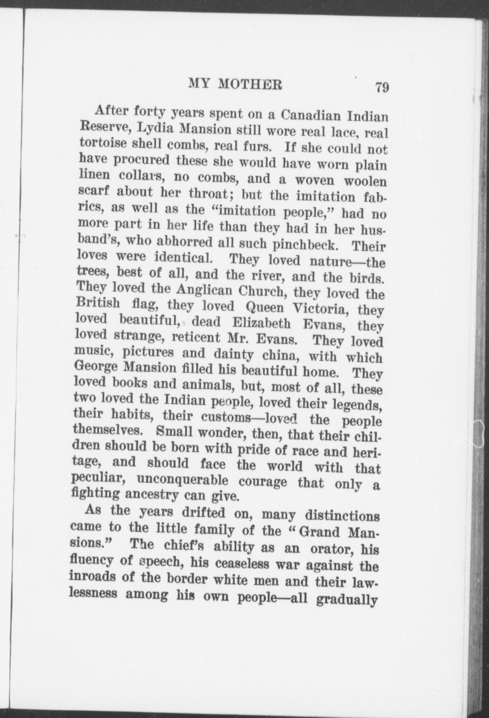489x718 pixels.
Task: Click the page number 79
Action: click(x=382, y=88)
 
